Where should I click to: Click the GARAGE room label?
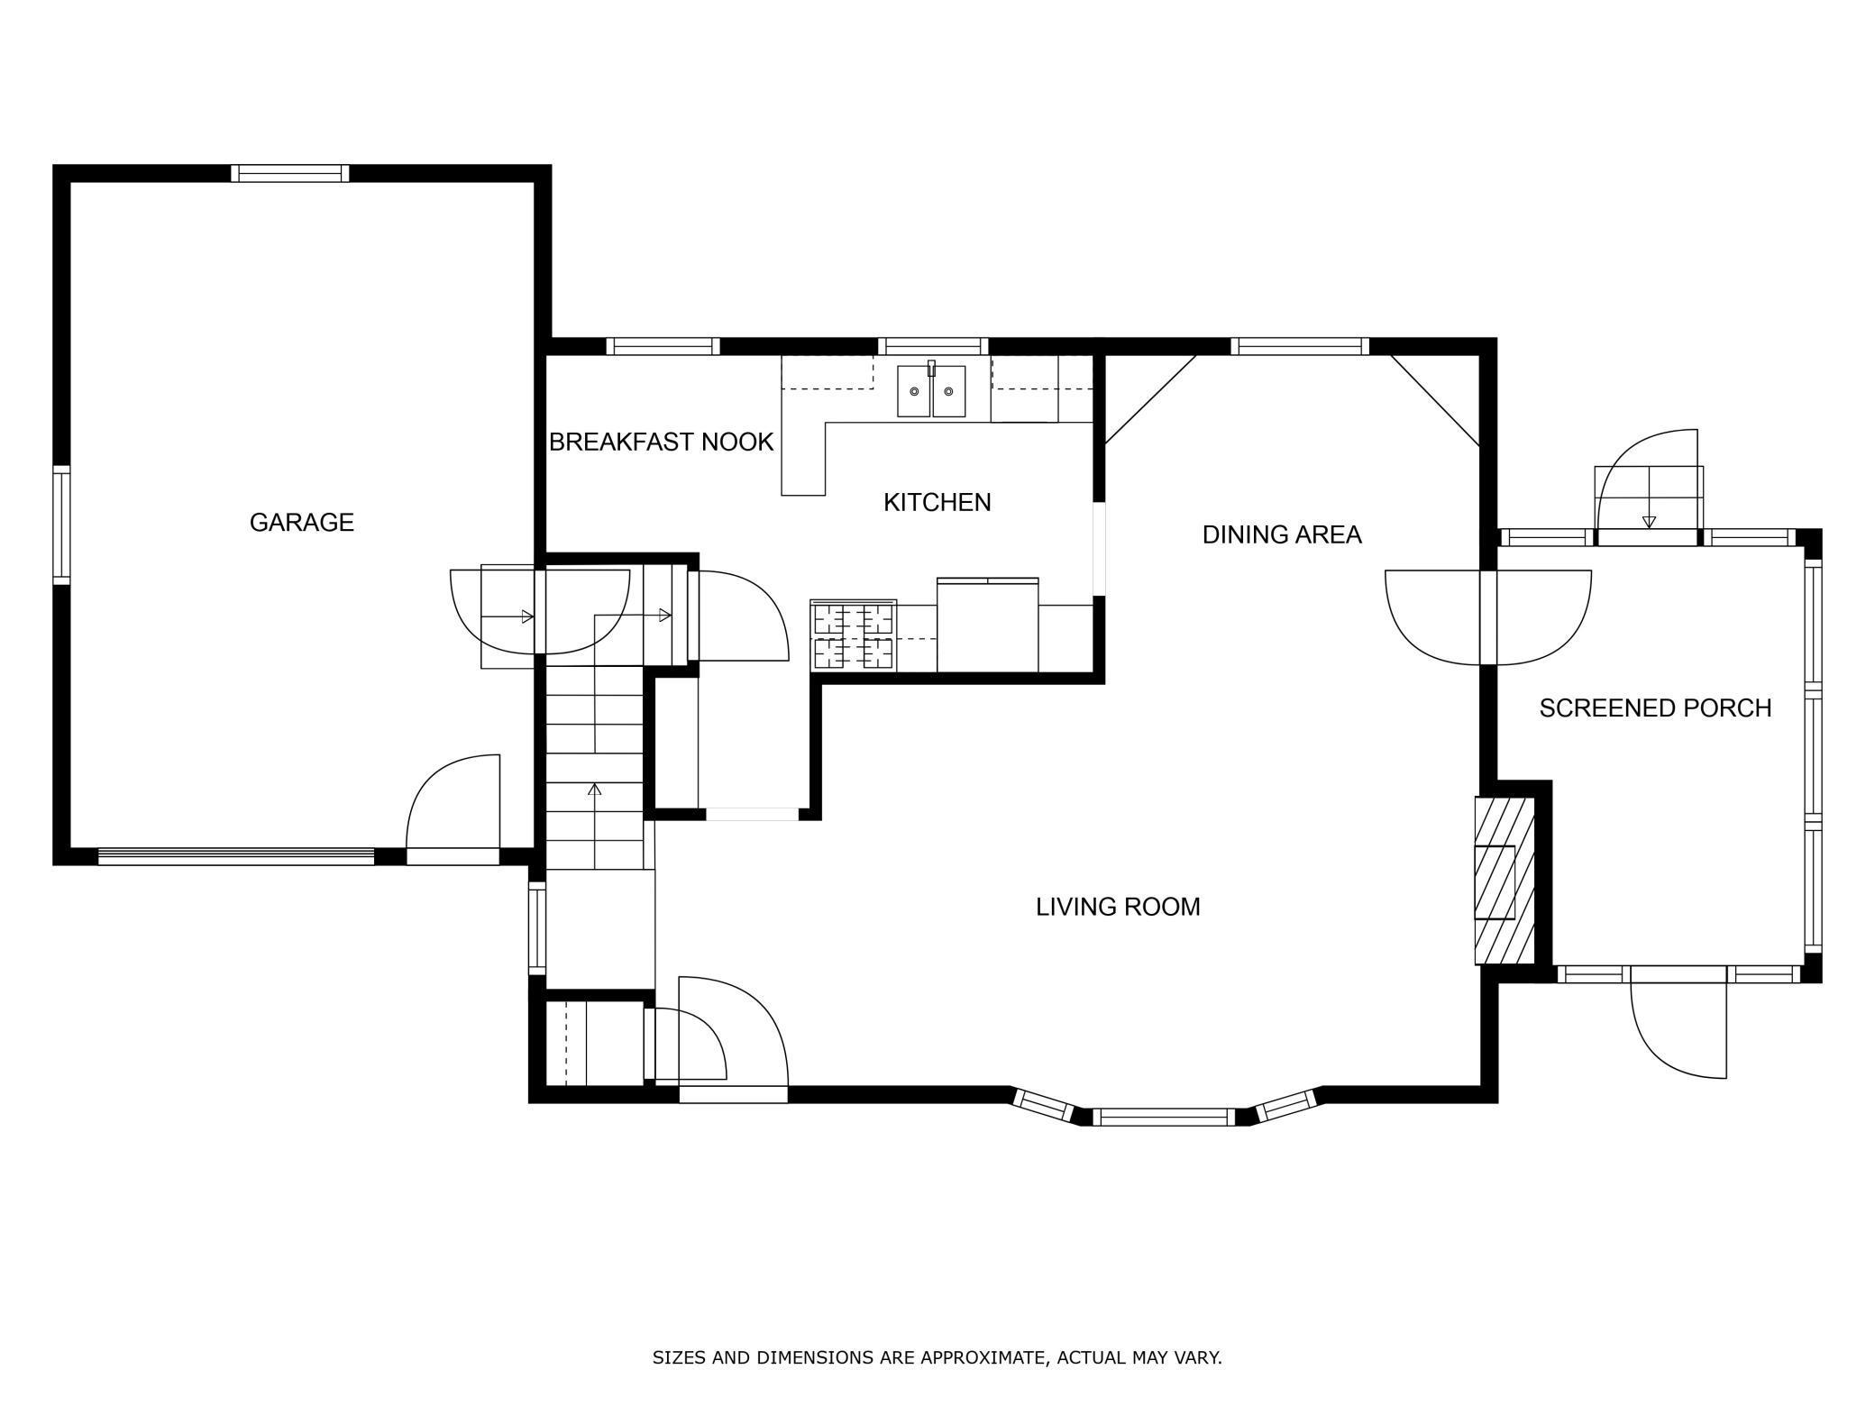pos(301,523)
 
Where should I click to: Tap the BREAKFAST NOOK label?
pos(661,442)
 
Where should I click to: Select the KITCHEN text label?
pos(937,502)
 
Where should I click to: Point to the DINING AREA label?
pos(1281,534)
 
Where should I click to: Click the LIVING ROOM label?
pos(1118,907)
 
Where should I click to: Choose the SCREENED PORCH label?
pos(1655,708)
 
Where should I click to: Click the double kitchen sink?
pos(931,390)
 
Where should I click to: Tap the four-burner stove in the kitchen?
pos(853,635)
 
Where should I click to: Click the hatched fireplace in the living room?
pos(1504,881)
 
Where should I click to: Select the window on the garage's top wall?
pos(289,174)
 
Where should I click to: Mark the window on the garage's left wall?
pos(61,525)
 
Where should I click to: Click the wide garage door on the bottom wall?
pos(236,857)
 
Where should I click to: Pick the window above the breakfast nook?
pos(663,346)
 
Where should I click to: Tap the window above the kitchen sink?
pos(933,346)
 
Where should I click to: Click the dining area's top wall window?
pos(1300,346)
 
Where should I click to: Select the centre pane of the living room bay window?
pos(1163,1117)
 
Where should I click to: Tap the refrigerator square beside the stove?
pos(988,625)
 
